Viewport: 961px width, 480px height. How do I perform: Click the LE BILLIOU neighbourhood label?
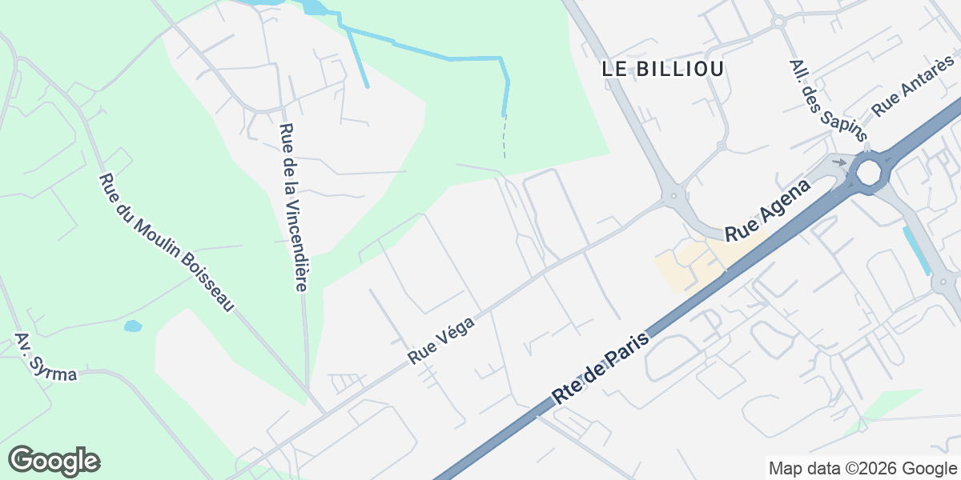pos(663,69)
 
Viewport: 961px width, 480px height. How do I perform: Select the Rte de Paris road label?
pos(600,367)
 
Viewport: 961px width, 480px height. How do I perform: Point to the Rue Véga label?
pos(441,340)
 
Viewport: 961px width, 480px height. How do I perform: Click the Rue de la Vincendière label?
pos(294,206)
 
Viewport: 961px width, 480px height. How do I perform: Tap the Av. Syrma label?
pos(46,357)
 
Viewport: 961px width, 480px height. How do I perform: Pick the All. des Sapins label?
pos(818,94)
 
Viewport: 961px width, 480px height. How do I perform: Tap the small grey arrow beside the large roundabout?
pos(838,162)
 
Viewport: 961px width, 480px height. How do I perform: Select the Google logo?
pos(54,461)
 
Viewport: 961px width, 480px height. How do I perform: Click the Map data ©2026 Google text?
pos(862,468)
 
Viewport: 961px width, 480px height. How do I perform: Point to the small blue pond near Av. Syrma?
pos(133,326)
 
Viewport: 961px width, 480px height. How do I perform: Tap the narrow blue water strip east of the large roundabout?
pos(918,250)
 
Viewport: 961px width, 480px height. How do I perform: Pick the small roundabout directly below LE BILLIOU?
pos(721,146)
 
